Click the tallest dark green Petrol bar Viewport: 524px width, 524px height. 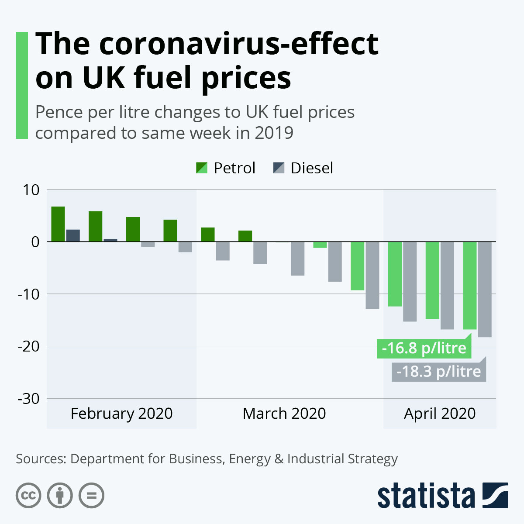click(x=58, y=224)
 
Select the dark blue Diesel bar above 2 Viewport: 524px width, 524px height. click(x=73, y=235)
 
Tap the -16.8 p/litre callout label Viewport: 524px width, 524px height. click(x=424, y=348)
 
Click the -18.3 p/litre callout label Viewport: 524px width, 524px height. click(x=438, y=371)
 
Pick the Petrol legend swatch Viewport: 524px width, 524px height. click(x=202, y=168)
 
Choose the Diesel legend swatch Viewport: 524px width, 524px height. click(x=279, y=168)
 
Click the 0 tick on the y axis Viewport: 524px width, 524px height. click(x=35, y=241)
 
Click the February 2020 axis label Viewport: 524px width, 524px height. click(x=121, y=413)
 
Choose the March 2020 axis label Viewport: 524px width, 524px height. click(x=284, y=413)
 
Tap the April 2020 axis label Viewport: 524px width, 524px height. click(x=440, y=413)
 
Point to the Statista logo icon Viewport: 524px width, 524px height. click(x=495, y=495)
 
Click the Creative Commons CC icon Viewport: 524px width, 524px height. click(x=28, y=496)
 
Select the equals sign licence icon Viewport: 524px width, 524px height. click(x=91, y=496)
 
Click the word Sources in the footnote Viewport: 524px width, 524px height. click(x=40, y=459)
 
